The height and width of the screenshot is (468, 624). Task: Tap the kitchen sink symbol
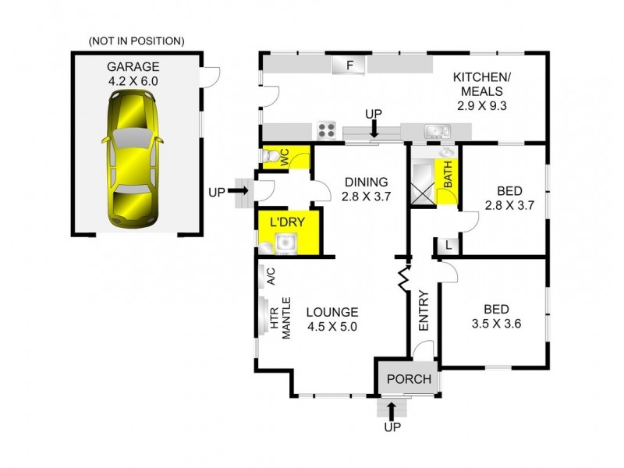(434, 132)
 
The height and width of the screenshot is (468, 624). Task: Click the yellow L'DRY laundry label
(286, 222)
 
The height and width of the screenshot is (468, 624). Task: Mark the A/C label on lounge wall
(271, 277)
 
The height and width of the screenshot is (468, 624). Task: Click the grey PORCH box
(409, 379)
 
